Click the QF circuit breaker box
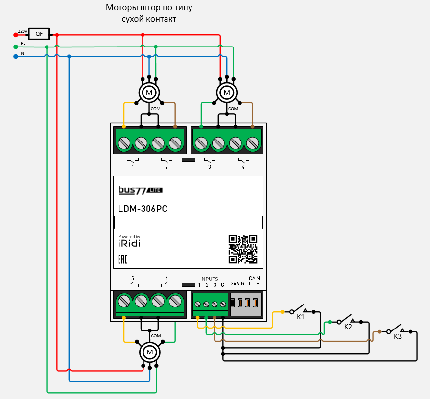point(39,34)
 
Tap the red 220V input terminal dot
point(16,35)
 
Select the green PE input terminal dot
point(16,47)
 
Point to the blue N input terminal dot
point(16,56)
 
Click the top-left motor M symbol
point(149,92)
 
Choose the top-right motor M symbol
point(226,92)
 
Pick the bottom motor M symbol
point(150,352)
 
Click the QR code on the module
point(243,249)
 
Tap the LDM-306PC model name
point(143,209)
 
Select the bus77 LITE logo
point(140,189)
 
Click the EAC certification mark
point(123,259)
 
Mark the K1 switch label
point(301,317)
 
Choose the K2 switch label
point(348,327)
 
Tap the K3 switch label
point(398,336)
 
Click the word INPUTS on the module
point(209,279)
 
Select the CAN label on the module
point(254,279)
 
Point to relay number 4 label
point(243,167)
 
